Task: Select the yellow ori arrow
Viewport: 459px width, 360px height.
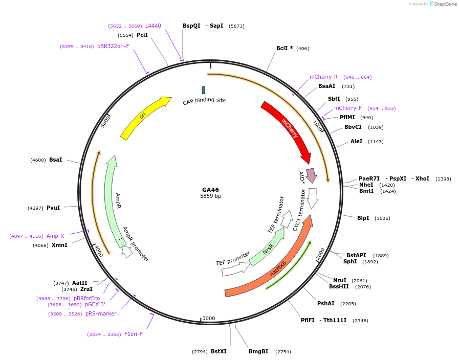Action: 143,117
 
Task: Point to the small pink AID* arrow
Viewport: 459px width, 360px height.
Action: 311,174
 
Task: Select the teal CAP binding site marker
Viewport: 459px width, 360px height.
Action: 203,90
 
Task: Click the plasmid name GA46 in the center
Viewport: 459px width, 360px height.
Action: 210,190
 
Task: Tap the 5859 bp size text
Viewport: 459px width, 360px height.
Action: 210,196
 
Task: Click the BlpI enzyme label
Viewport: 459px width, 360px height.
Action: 363,218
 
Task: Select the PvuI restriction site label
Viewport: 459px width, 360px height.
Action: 53,208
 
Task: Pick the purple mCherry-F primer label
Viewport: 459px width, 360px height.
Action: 347,108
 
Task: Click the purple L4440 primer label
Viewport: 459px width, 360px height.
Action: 153,26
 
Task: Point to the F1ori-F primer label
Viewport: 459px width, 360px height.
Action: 133,334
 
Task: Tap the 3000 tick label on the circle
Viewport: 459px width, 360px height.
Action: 209,318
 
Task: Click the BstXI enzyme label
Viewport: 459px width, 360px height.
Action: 218,351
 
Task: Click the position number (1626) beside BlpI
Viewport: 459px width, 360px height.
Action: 382,218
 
